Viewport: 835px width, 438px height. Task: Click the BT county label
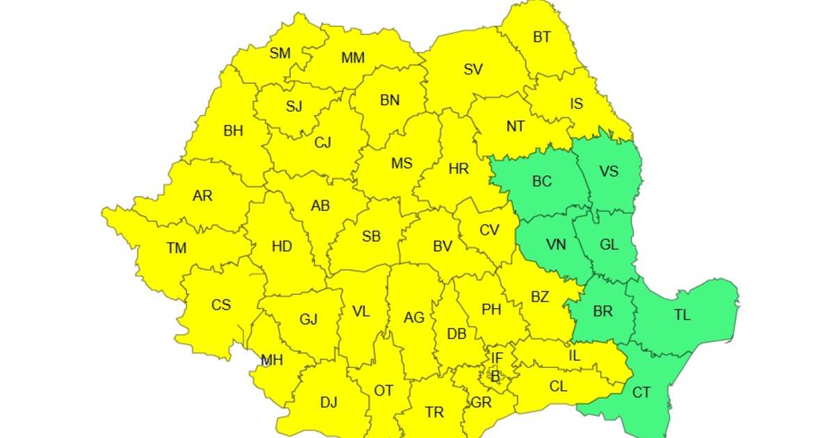tap(542, 38)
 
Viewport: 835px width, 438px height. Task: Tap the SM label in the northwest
tap(280, 54)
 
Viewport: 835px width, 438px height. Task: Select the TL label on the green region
tap(682, 315)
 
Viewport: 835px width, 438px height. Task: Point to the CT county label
tap(641, 393)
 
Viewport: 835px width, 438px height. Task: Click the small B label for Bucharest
tap(495, 377)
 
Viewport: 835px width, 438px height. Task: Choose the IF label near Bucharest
tap(497, 358)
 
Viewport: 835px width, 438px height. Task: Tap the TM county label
tap(177, 248)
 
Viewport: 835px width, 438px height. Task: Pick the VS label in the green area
tap(608, 172)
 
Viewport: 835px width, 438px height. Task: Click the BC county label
tap(541, 181)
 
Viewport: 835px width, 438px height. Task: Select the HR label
tap(459, 169)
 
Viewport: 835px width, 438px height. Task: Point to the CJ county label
tap(322, 143)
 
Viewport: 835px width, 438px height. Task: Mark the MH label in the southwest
tap(271, 360)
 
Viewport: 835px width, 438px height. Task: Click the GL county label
tap(608, 245)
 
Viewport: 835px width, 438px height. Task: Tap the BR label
tap(603, 311)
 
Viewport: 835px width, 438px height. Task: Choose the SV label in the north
tap(473, 70)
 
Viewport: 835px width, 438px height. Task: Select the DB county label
tap(456, 334)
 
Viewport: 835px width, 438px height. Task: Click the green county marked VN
tap(555, 245)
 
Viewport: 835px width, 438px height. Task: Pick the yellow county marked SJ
tap(294, 106)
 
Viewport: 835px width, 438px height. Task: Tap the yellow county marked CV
tap(489, 230)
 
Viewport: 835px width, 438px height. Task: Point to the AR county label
tap(202, 196)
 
